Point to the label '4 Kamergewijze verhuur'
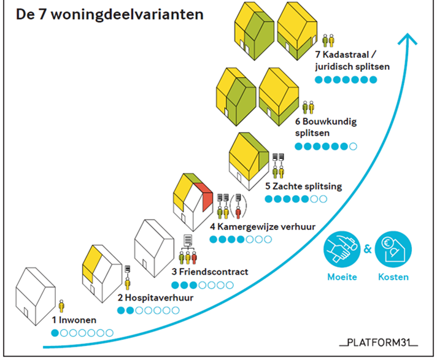tap(262, 226)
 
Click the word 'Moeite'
tap(341, 277)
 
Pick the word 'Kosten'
tap(393, 277)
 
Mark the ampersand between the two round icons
tap(367, 250)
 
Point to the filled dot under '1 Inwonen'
tap(55, 333)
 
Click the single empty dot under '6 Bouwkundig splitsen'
tap(352, 146)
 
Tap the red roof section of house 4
tap(207, 197)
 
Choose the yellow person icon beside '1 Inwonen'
tap(61, 306)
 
